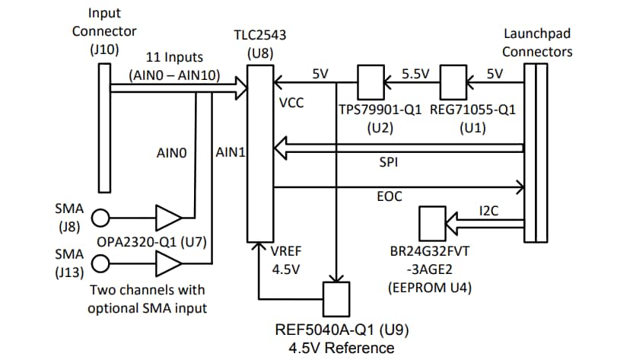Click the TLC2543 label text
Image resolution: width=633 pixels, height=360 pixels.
pos(260,36)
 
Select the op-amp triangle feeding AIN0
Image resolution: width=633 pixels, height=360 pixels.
pos(167,218)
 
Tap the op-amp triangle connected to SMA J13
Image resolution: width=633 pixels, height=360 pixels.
pos(167,265)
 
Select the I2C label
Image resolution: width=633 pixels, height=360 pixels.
pos(488,211)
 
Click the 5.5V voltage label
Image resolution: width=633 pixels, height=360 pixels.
pos(415,74)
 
